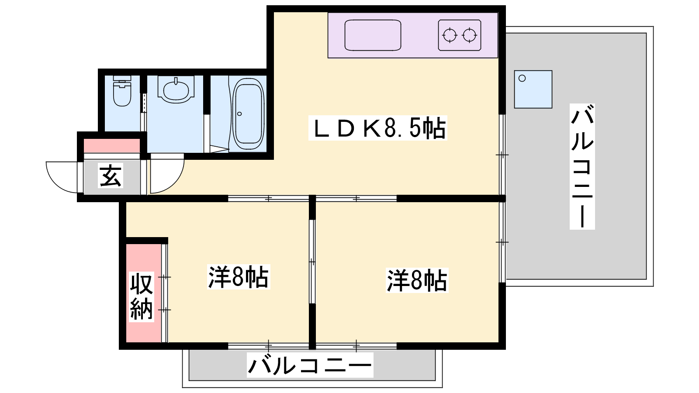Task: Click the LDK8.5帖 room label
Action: (377, 128)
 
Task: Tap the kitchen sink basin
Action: (373, 35)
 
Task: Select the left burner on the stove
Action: (450, 35)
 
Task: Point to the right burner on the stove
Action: (469, 35)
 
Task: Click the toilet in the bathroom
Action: (122, 91)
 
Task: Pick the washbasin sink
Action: (176, 89)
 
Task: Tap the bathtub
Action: (249, 114)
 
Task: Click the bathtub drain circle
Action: (239, 114)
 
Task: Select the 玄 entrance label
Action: (111, 176)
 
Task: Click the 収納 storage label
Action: (142, 296)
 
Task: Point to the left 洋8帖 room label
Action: (239, 277)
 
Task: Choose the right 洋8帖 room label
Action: (417, 280)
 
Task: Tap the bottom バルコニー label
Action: (310, 365)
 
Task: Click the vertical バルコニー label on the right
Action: (582, 166)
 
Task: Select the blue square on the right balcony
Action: (533, 89)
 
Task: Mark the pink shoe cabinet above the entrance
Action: (112, 146)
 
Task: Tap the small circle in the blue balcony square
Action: (522, 78)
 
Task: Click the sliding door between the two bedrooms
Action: (312, 262)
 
